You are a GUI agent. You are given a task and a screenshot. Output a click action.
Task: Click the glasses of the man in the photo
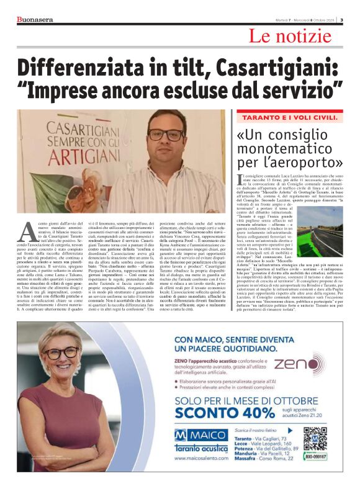point(166,135)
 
